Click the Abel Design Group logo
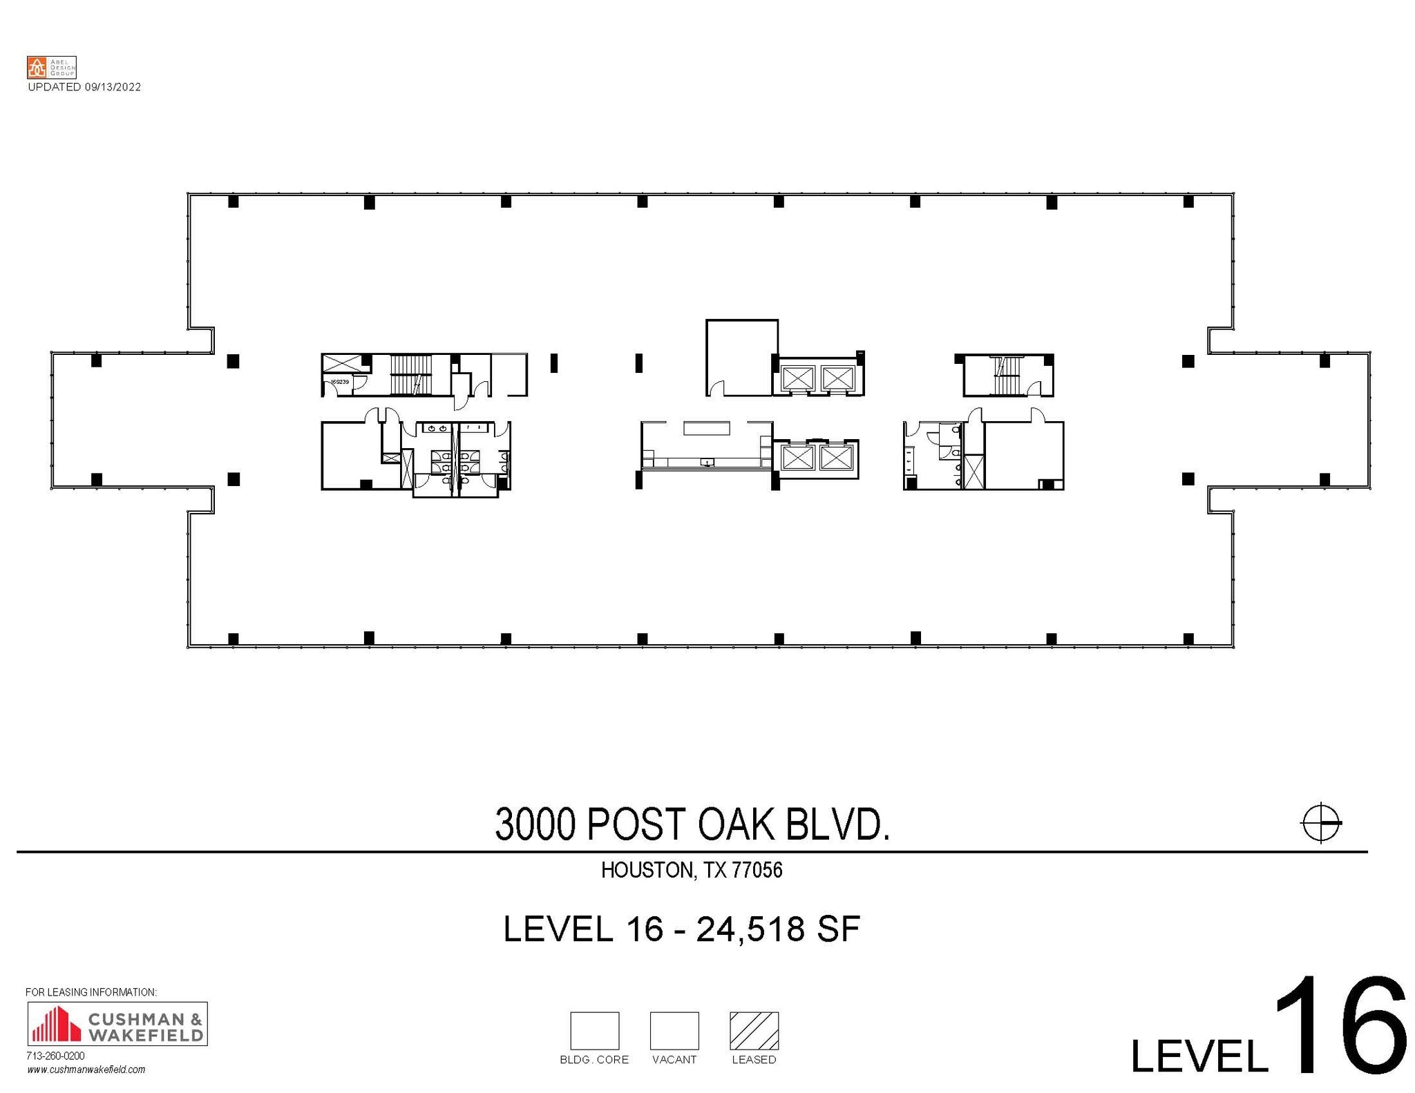tap(51, 67)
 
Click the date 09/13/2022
tap(113, 87)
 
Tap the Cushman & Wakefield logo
tap(117, 1024)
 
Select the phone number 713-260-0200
tap(55, 1056)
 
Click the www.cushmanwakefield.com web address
tap(86, 1070)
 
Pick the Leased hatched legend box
tap(754, 1030)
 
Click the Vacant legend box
tap(674, 1030)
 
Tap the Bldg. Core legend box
tap(594, 1030)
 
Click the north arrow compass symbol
tap(1320, 822)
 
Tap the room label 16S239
tap(339, 381)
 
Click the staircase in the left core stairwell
tap(410, 374)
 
